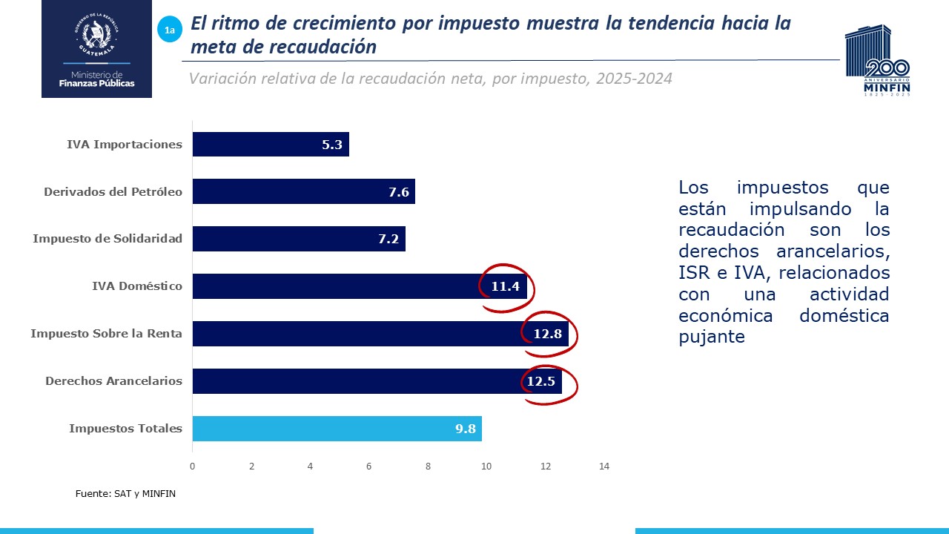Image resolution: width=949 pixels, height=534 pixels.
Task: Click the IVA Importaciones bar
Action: tap(271, 145)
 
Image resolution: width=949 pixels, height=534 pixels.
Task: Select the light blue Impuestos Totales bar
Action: tap(337, 429)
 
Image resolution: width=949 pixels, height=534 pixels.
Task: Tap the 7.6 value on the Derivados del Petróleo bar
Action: tap(399, 192)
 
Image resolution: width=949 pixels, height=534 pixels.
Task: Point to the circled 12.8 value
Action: tap(548, 334)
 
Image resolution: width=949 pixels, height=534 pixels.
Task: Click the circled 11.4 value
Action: tap(505, 286)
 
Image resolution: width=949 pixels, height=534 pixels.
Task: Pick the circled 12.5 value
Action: tap(541, 381)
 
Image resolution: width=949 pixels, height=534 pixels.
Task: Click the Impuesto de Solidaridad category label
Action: tap(108, 239)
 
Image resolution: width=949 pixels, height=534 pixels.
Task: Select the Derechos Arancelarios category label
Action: tap(113, 381)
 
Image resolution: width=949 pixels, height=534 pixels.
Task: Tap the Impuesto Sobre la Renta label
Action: tap(106, 334)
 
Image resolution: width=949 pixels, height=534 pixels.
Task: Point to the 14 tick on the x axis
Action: tap(604, 467)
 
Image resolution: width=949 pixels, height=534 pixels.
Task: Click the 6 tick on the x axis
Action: tap(369, 467)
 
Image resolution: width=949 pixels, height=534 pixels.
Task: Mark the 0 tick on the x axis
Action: tap(193, 467)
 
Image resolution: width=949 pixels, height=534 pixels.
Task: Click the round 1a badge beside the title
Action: tap(170, 30)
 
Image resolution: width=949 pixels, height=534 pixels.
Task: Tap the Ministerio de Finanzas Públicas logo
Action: tap(96, 49)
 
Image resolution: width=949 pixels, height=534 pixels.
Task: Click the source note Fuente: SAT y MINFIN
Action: tap(125, 493)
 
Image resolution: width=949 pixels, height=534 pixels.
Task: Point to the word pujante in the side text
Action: tap(711, 337)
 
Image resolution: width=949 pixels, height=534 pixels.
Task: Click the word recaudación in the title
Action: tap(331, 47)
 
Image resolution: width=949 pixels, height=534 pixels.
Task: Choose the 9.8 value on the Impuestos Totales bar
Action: tap(466, 429)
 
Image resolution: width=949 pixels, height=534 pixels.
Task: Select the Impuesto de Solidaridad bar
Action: tap(298, 239)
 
